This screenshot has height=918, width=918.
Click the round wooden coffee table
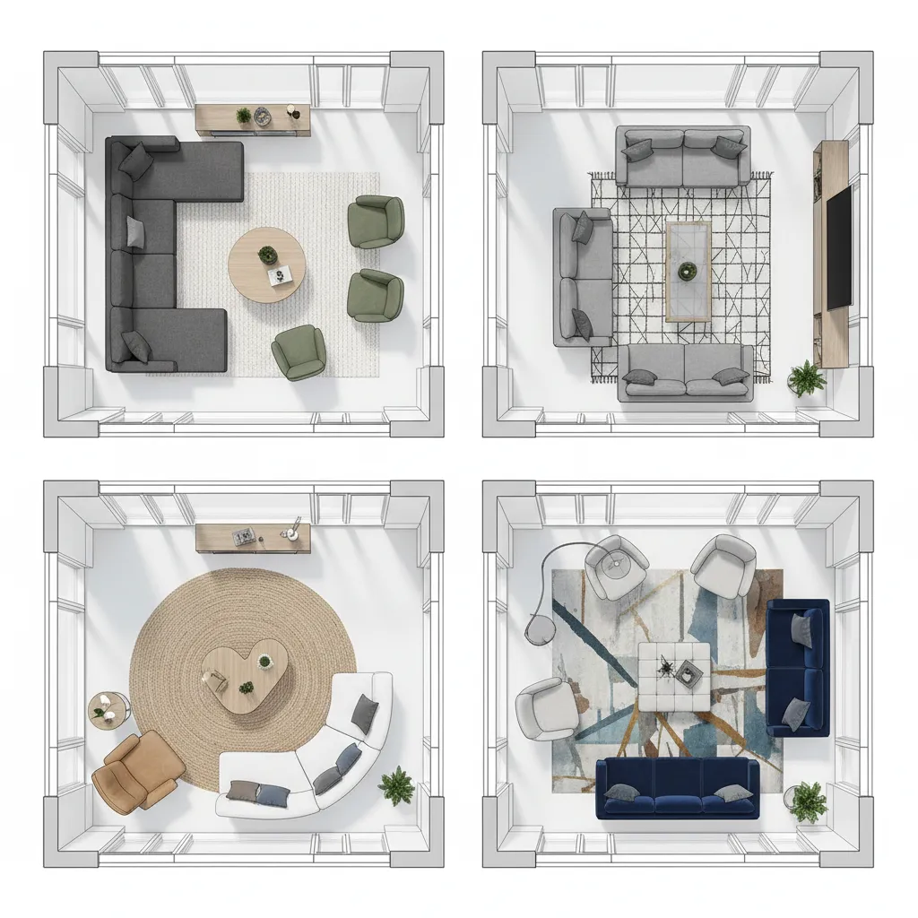pyautogui.click(x=266, y=265)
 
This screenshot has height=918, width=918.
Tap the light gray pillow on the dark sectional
pyautogui.click(x=135, y=231)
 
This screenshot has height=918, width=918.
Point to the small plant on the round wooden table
pyautogui.click(x=267, y=255)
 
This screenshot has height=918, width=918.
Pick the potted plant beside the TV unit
pyautogui.click(x=807, y=377)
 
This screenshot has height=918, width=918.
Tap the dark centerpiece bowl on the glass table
pyautogui.click(x=688, y=269)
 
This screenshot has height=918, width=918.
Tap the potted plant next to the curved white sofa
pyautogui.click(x=396, y=785)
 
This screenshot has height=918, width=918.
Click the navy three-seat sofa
pyautogui.click(x=678, y=788)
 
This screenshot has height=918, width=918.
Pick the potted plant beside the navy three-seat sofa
pyautogui.click(x=808, y=801)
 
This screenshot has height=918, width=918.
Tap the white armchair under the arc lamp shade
pyautogui.click(x=615, y=567)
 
